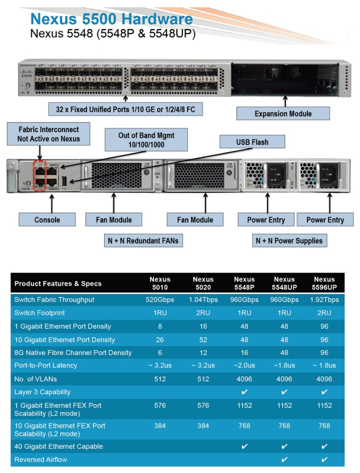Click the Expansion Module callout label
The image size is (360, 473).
283,114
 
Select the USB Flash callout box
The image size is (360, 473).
252,143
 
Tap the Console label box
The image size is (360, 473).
47,220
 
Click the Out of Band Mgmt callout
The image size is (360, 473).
146,140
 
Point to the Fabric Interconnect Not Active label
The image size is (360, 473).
49,134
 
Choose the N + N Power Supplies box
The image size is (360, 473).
289,241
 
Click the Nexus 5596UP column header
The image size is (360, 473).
323,283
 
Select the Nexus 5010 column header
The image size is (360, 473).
160,283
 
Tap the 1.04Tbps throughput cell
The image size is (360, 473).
203,299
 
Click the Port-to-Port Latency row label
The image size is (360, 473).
46,365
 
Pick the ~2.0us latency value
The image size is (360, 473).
244,365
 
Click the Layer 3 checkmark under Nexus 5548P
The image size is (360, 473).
244,392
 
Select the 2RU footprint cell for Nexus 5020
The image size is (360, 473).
203,313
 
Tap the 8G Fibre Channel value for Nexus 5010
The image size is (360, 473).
160,352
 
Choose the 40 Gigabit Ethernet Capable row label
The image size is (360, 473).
52,447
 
